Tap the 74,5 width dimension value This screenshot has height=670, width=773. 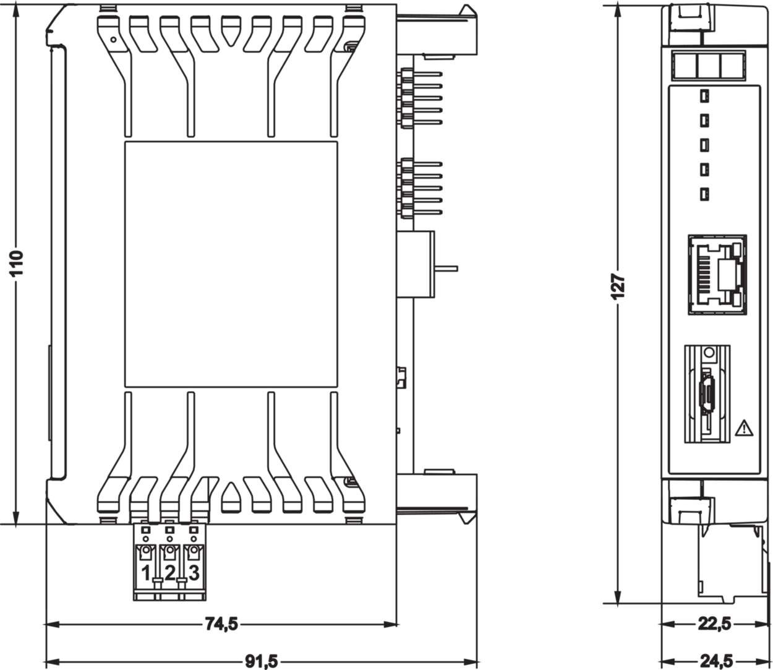point(221,624)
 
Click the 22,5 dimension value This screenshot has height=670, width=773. point(714,624)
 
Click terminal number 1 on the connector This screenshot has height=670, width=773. point(146,573)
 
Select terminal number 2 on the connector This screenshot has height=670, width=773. point(169,573)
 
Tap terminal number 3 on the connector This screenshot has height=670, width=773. point(194,573)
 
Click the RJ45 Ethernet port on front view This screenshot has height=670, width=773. point(717,274)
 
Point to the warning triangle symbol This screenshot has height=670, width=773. point(744,427)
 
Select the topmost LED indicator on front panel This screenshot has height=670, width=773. point(704,96)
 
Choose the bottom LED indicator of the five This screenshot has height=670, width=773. point(704,194)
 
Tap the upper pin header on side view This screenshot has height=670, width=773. point(421,98)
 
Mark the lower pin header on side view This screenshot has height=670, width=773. point(421,189)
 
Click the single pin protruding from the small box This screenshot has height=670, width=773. point(446,268)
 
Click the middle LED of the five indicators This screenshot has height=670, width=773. point(704,145)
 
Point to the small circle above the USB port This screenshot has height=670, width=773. point(709,353)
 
